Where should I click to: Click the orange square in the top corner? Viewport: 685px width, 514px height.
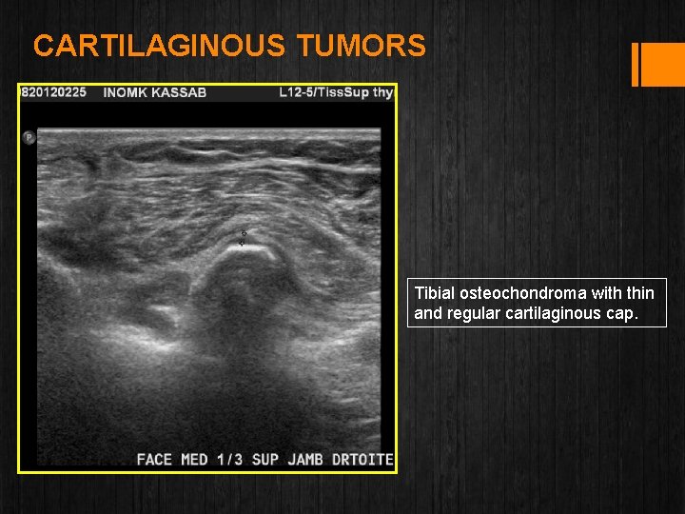tap(663, 65)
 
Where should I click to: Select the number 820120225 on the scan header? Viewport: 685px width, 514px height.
tap(54, 93)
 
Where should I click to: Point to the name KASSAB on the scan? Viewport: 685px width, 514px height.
tap(181, 93)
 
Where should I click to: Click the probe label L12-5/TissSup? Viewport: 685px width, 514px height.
tap(322, 93)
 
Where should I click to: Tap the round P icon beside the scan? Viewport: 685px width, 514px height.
tap(29, 138)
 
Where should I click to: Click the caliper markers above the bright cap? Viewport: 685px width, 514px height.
tap(243, 238)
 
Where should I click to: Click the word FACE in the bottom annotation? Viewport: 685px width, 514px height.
tap(155, 460)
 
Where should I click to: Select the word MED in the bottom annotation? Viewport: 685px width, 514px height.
tap(194, 460)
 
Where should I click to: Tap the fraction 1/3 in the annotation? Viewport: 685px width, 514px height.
tap(229, 460)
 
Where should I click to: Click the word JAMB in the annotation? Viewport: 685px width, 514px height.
tap(305, 460)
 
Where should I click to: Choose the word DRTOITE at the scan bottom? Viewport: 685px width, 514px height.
tap(362, 460)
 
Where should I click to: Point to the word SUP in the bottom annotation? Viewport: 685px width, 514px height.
tap(264, 460)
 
